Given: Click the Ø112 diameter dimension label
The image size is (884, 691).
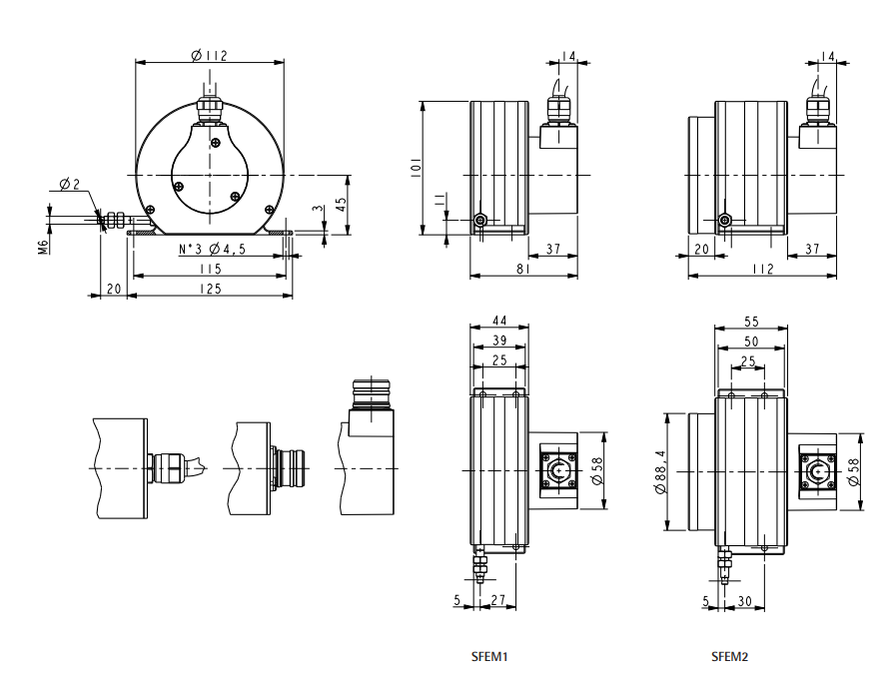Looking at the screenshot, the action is coord(209,55).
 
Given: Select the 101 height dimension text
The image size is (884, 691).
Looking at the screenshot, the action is coord(417,168).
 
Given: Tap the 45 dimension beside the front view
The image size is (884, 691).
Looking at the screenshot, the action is coord(341,204).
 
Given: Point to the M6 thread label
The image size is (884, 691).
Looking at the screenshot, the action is coord(43,247).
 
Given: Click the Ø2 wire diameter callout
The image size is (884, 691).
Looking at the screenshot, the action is coord(69,184).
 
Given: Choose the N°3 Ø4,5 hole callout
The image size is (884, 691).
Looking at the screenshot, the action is coord(212,249).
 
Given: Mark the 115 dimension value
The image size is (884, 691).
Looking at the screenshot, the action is coord(210,269).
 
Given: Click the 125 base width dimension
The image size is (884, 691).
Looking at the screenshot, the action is coord(211,289).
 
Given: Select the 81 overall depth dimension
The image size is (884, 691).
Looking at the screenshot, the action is coord(522,269).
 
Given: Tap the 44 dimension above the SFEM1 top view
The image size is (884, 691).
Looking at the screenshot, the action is coord(499,321).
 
